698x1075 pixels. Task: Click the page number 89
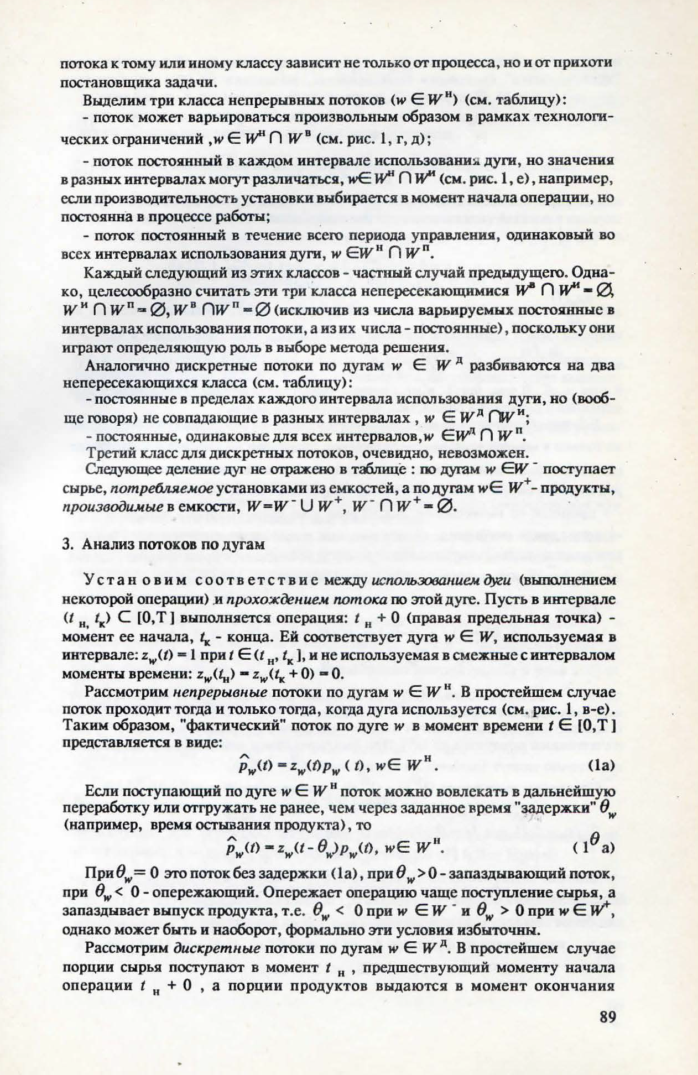[x=607, y=1017]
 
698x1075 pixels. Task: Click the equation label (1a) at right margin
[x=602, y=766]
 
